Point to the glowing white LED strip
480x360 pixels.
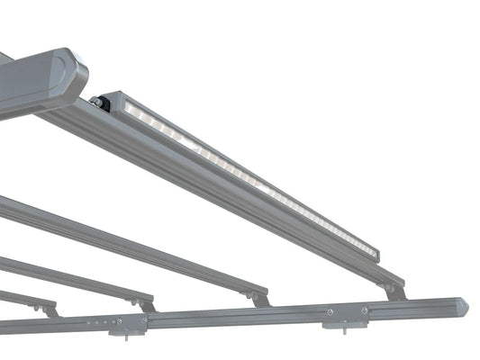click(x=243, y=175)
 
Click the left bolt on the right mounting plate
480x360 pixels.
click(x=330, y=312)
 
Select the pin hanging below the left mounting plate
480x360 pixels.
click(x=125, y=332)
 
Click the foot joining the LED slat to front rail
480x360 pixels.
click(x=394, y=291)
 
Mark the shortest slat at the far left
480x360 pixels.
click(x=23, y=298)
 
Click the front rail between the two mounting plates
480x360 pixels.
click(x=234, y=316)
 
